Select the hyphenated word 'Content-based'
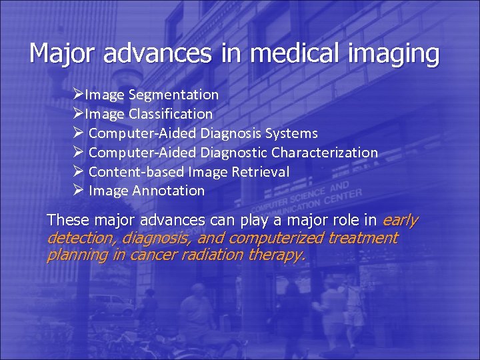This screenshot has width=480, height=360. (137, 172)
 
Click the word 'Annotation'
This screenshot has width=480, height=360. (169, 191)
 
